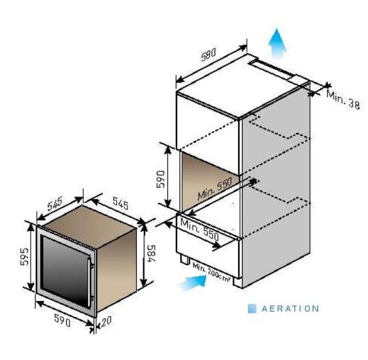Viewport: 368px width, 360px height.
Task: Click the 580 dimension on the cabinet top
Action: [208, 55]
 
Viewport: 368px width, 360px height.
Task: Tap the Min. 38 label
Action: [343, 99]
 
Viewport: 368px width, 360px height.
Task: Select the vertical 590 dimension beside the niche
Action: [160, 179]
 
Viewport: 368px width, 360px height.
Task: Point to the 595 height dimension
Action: [24, 256]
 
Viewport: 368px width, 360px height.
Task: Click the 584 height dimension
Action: [151, 254]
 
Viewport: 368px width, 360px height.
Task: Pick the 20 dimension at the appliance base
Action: [106, 321]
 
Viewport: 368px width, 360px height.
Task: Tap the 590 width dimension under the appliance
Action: [62, 321]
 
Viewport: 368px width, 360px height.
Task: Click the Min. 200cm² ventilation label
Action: [211, 272]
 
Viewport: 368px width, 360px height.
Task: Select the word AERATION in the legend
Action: [290, 308]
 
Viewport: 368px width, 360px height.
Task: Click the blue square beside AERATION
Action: [252, 308]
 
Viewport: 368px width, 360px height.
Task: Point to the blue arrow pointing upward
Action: [277, 44]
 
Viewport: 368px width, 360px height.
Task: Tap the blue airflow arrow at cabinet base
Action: [193, 282]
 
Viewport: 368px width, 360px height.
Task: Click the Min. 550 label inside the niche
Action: [215, 188]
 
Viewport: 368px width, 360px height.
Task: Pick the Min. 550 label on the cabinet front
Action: [199, 229]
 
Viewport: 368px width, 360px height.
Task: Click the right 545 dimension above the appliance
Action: [120, 203]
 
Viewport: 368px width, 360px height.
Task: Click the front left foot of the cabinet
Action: [185, 260]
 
